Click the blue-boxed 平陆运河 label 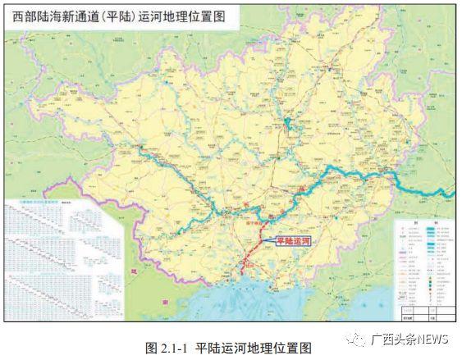click(x=295, y=240)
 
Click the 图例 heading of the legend click(x=424, y=221)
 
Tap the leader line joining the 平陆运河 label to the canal click(x=268, y=238)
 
